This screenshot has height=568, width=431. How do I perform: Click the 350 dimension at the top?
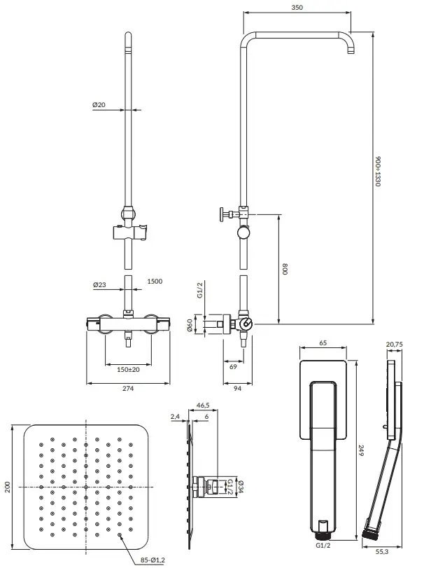click(x=297, y=7)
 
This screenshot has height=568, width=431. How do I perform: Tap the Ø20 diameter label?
click(x=99, y=104)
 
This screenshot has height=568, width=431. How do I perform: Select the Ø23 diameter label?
click(x=99, y=285)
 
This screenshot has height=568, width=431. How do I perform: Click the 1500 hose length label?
click(x=155, y=281)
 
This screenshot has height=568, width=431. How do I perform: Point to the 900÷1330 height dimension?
click(x=378, y=172)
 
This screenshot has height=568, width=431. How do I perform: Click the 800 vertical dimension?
click(x=285, y=269)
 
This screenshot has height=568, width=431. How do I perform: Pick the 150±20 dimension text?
click(x=128, y=370)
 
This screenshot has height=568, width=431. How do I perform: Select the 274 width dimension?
click(x=128, y=388)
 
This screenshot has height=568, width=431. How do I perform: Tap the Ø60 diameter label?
click(x=190, y=325)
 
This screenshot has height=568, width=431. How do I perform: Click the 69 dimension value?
click(x=233, y=366)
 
